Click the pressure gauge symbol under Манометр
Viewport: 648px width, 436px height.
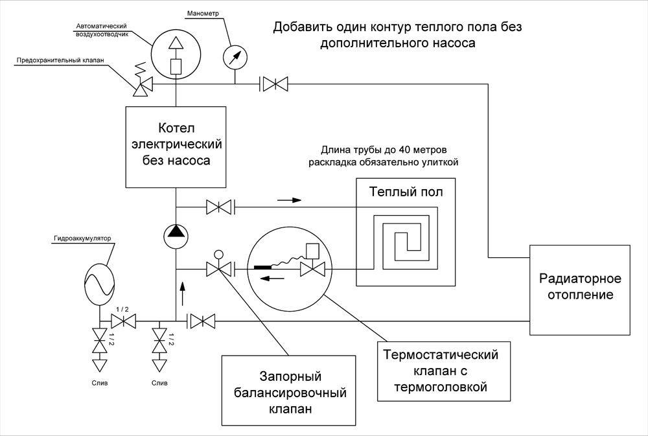coord(235,58)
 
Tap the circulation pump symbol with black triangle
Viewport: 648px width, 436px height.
coord(176,236)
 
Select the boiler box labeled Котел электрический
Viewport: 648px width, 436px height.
coord(176,146)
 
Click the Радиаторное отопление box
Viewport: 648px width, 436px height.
coord(580,290)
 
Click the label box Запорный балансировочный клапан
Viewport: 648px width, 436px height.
coord(289,391)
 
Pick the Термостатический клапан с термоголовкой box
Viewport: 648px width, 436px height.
coord(444,371)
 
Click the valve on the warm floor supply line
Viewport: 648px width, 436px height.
coord(219,207)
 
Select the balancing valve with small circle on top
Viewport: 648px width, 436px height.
coord(219,266)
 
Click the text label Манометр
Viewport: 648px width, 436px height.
coord(203,14)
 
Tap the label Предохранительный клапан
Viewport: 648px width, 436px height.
coord(60,60)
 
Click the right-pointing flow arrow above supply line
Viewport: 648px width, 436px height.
coord(289,200)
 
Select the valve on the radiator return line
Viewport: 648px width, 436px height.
coord(202,320)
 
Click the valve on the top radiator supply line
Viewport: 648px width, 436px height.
coord(274,84)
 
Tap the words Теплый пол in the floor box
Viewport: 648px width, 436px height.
coord(406,192)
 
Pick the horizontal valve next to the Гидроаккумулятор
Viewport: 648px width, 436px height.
coord(124,320)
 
